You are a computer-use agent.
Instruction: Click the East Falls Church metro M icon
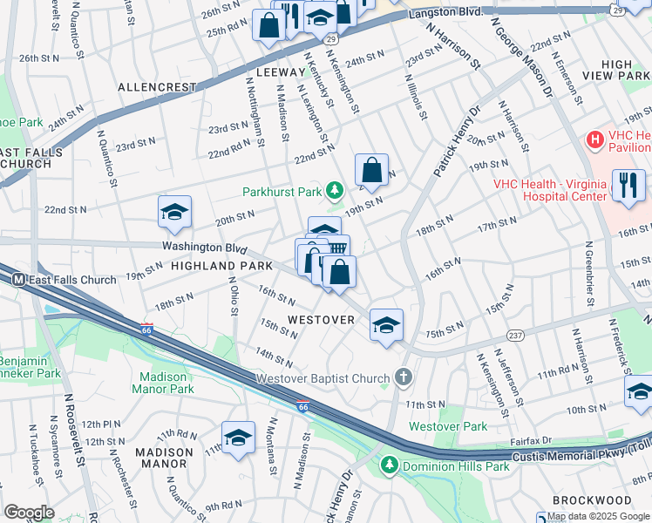coord(17,279)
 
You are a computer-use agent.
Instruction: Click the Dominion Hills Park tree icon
coord(390,466)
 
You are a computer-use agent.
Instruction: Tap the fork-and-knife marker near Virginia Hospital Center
coord(628,186)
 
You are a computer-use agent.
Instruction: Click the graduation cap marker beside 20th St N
coord(174,213)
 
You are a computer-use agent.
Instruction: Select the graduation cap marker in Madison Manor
coord(238,438)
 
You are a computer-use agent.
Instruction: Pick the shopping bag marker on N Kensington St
coord(371,171)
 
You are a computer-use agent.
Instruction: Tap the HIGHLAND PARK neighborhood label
coord(210,264)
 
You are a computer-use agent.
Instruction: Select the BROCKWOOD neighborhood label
coord(597,500)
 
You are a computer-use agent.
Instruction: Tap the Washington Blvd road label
coord(205,247)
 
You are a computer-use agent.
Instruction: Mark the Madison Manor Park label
coord(163,383)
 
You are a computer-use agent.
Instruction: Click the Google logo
coord(30,512)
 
